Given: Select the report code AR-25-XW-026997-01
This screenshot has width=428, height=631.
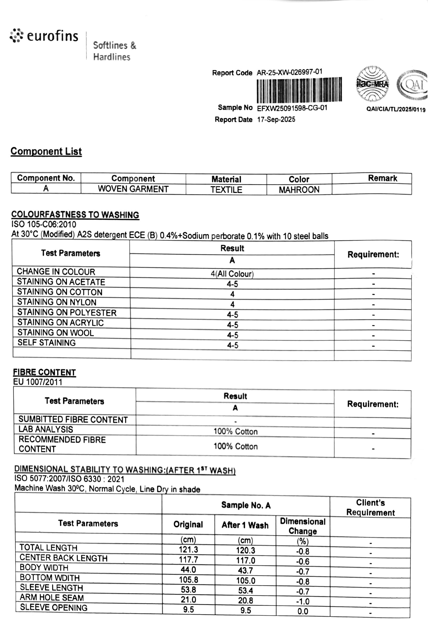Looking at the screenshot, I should [289, 72].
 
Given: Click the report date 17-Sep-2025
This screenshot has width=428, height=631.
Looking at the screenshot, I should [276, 120].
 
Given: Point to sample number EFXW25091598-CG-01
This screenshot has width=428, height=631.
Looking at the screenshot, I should [292, 108].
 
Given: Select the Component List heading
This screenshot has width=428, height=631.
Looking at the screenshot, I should [46, 151].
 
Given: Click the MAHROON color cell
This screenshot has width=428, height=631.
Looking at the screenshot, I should [299, 190].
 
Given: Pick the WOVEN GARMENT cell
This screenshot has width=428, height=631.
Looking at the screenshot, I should [133, 189].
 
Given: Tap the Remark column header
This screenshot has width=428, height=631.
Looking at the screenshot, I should [382, 178].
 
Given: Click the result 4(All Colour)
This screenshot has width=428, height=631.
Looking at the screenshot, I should [232, 274].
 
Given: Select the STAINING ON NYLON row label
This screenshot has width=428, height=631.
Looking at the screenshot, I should [57, 302].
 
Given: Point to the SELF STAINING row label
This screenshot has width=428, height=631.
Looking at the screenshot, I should [47, 343].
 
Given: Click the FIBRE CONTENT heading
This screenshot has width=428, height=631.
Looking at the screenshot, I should [44, 372].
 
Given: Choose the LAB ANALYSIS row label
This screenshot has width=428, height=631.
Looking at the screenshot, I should [46, 429].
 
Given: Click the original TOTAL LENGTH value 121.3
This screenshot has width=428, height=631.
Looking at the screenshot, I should [188, 549].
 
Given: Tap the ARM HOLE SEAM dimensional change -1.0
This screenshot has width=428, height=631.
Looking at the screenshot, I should [303, 601].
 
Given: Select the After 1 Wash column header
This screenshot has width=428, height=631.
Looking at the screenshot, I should [245, 525].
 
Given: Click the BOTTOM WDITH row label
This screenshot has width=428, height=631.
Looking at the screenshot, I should [50, 578].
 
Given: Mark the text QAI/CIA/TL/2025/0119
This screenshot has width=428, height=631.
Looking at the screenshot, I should [396, 109].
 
